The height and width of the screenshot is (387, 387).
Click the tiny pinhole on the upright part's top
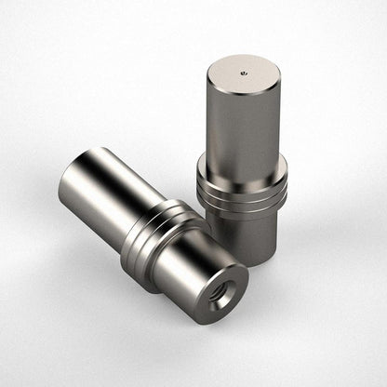pos(244,71)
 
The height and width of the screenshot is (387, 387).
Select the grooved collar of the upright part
pos(242,185)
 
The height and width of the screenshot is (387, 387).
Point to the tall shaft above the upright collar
pos(242,130)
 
